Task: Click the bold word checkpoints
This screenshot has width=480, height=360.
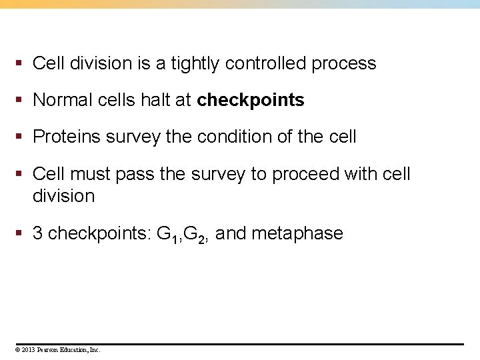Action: (x=251, y=101)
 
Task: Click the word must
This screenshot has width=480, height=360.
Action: (x=89, y=174)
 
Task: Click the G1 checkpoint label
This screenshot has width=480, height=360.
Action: (x=166, y=234)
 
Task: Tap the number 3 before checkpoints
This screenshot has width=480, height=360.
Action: (x=39, y=233)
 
